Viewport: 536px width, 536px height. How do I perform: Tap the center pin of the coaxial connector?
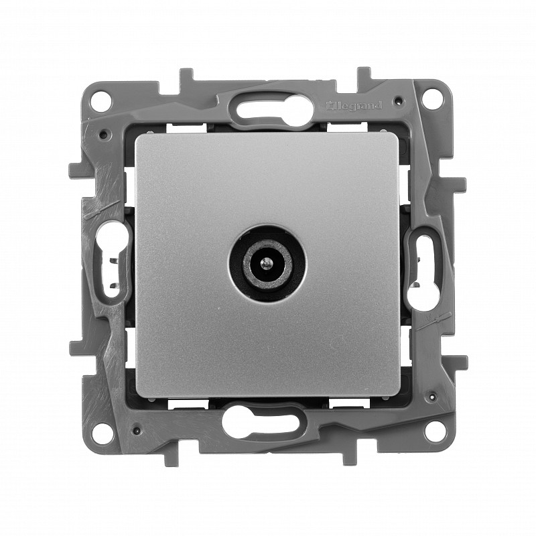click(x=263, y=263)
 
